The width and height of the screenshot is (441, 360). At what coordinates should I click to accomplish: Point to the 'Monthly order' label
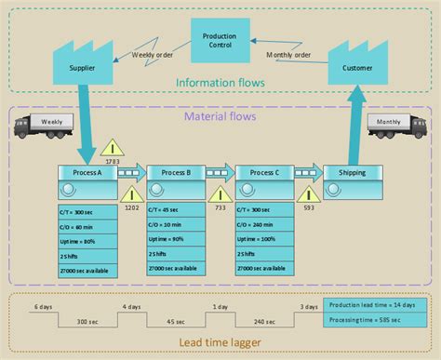290,53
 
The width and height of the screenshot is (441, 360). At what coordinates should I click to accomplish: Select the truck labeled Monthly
394,127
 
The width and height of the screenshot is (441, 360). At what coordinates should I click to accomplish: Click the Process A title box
88,173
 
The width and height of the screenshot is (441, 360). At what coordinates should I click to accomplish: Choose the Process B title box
176,173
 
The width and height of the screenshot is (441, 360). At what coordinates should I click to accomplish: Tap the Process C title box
265,173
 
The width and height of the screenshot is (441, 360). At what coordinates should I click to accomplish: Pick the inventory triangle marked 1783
113,149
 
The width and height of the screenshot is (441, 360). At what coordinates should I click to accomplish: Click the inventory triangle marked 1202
132,193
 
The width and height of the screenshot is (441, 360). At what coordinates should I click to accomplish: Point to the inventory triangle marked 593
308,193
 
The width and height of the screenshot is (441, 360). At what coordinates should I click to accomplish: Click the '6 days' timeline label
43,306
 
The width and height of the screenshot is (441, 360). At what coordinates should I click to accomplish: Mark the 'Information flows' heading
220,84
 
